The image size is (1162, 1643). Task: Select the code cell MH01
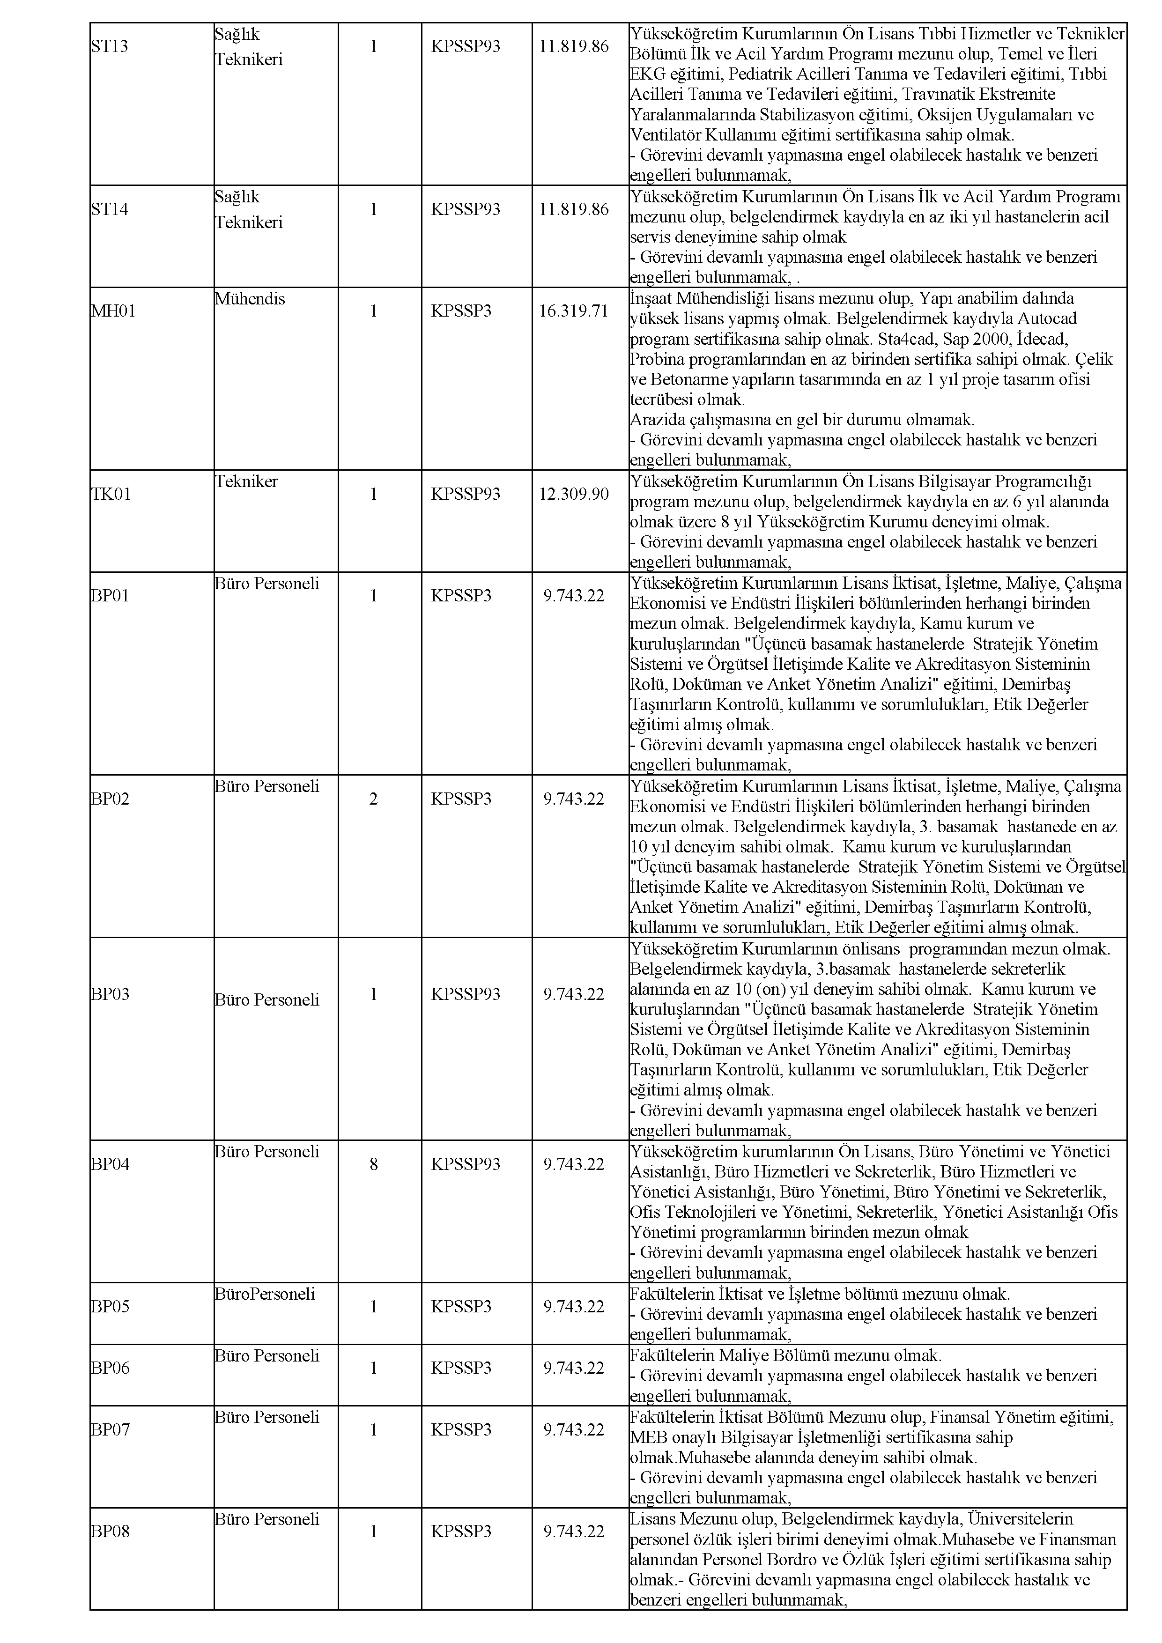point(112,311)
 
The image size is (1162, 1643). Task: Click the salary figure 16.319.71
point(573,311)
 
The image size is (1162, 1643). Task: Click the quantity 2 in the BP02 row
point(373,799)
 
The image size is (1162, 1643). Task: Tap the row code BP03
point(110,994)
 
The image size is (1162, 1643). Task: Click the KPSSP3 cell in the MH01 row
point(461,311)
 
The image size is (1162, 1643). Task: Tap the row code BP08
point(110,1532)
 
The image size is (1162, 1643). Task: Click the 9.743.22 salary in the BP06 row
point(573,1368)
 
